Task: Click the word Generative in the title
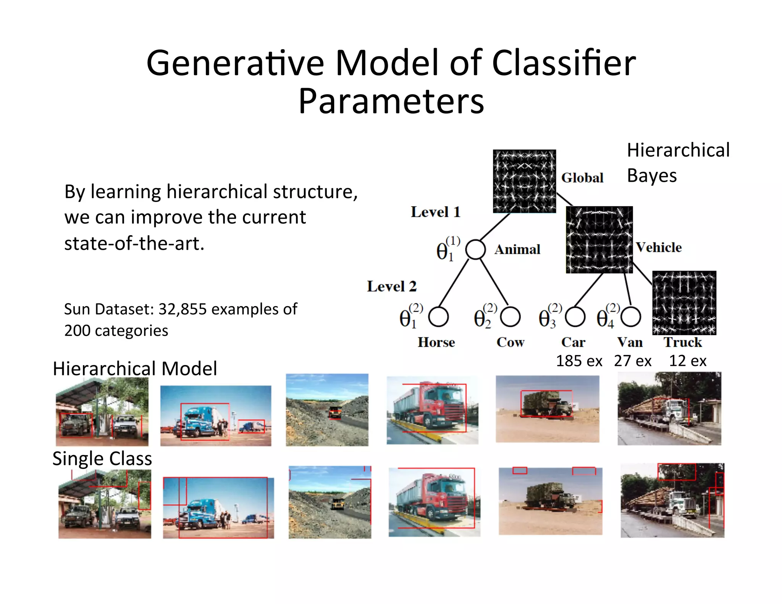tap(235, 63)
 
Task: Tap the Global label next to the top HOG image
tap(582, 178)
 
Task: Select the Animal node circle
tap(475, 249)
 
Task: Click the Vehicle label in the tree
tap(659, 247)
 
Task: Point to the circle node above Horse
tap(438, 317)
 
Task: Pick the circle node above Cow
tap(510, 317)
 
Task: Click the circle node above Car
tap(575, 317)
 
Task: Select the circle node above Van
tap(631, 317)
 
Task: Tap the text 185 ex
tap(579, 361)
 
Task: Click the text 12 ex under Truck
tap(688, 361)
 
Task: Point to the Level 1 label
tap(435, 212)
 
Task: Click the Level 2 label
tap(391, 286)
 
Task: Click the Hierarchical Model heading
tap(135, 369)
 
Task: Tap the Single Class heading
tap(102, 459)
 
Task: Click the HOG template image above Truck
tap(684, 303)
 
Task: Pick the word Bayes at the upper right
tap(651, 176)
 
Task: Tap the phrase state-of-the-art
tap(134, 244)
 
